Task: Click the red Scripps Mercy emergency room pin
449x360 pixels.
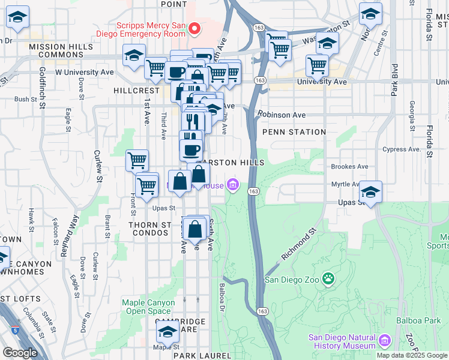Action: click(194, 28)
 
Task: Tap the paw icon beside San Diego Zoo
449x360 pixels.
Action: click(328, 278)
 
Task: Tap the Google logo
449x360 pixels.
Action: click(20, 353)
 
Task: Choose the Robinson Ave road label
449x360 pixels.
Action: click(282, 115)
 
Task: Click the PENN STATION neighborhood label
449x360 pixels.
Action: click(294, 132)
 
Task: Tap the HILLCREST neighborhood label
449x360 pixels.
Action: click(136, 90)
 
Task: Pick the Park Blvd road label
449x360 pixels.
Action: click(394, 80)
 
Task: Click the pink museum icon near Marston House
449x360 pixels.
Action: click(232, 185)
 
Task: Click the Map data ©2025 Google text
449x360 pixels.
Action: click(412, 355)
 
